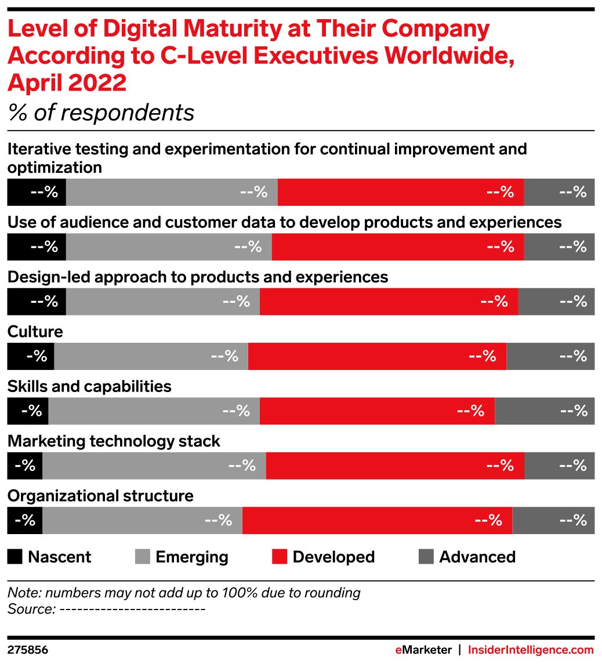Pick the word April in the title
pyautogui.click(x=34, y=83)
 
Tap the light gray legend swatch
pyautogui.click(x=142, y=556)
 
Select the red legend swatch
pyautogui.click(x=280, y=556)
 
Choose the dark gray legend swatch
pyautogui.click(x=426, y=556)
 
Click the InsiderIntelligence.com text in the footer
pyautogui.click(x=531, y=650)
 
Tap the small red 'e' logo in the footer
pyautogui.click(x=398, y=650)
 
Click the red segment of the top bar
pyautogui.click(x=400, y=192)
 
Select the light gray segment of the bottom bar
pyautogui.click(x=142, y=520)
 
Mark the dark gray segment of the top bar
pyautogui.click(x=559, y=192)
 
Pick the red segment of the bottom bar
pyautogui.click(x=377, y=520)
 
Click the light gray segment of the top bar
pyautogui.click(x=172, y=192)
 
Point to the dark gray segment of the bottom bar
pyautogui.click(x=553, y=520)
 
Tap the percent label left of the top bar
pyautogui.click(x=45, y=192)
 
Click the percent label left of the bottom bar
pyautogui.click(x=25, y=520)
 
